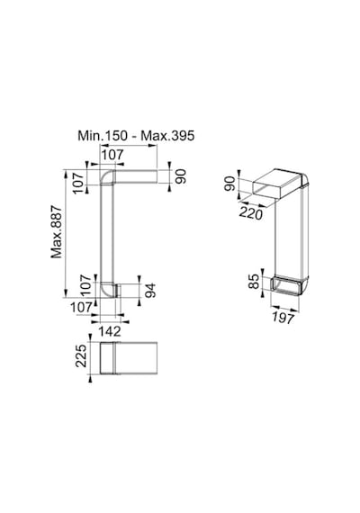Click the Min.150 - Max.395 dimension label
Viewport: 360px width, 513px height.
click(136, 135)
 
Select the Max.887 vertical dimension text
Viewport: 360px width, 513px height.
click(57, 231)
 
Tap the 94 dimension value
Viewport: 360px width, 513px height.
click(150, 291)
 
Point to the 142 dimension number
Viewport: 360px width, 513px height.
click(110, 331)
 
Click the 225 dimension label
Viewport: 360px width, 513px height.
click(81, 355)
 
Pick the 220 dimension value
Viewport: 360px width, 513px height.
click(251, 213)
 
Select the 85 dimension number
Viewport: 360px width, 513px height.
click(254, 282)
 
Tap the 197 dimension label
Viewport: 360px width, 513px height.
click(283, 318)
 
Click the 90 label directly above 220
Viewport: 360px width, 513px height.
click(229, 184)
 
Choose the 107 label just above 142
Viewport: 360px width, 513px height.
click(82, 307)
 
